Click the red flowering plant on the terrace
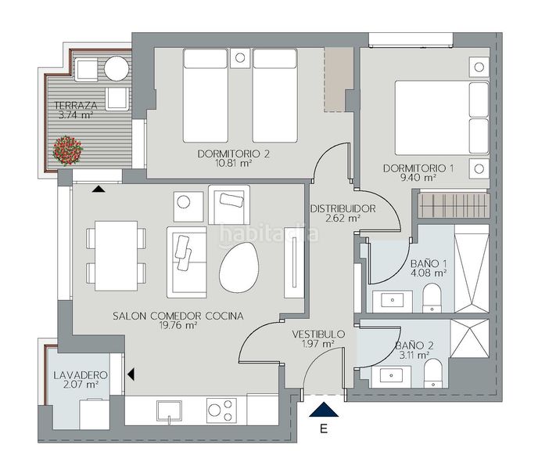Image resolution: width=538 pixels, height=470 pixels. click(x=68, y=150)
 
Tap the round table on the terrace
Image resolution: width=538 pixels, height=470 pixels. click(x=117, y=68)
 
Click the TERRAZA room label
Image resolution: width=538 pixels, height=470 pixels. click(x=76, y=105)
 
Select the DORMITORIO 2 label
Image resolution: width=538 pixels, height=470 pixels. click(x=234, y=154)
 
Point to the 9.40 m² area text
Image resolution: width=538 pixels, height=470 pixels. click(x=418, y=178)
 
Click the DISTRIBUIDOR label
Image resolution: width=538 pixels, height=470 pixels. click(x=343, y=208)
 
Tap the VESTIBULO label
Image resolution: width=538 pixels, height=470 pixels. click(x=318, y=334)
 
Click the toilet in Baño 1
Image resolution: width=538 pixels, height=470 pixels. click(x=432, y=298)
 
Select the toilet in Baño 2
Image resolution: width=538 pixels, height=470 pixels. click(x=433, y=374)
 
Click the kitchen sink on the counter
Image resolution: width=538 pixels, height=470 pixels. click(x=169, y=411)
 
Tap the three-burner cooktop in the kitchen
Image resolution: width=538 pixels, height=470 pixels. click(x=221, y=410)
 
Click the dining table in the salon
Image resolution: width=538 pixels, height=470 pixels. click(x=117, y=256)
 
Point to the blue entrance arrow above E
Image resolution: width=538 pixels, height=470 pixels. click(x=324, y=410)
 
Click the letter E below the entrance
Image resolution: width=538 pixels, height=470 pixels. click(x=323, y=428)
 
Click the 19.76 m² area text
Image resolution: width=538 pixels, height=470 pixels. click(x=178, y=325)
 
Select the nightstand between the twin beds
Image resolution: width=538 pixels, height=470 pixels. click(x=240, y=58)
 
